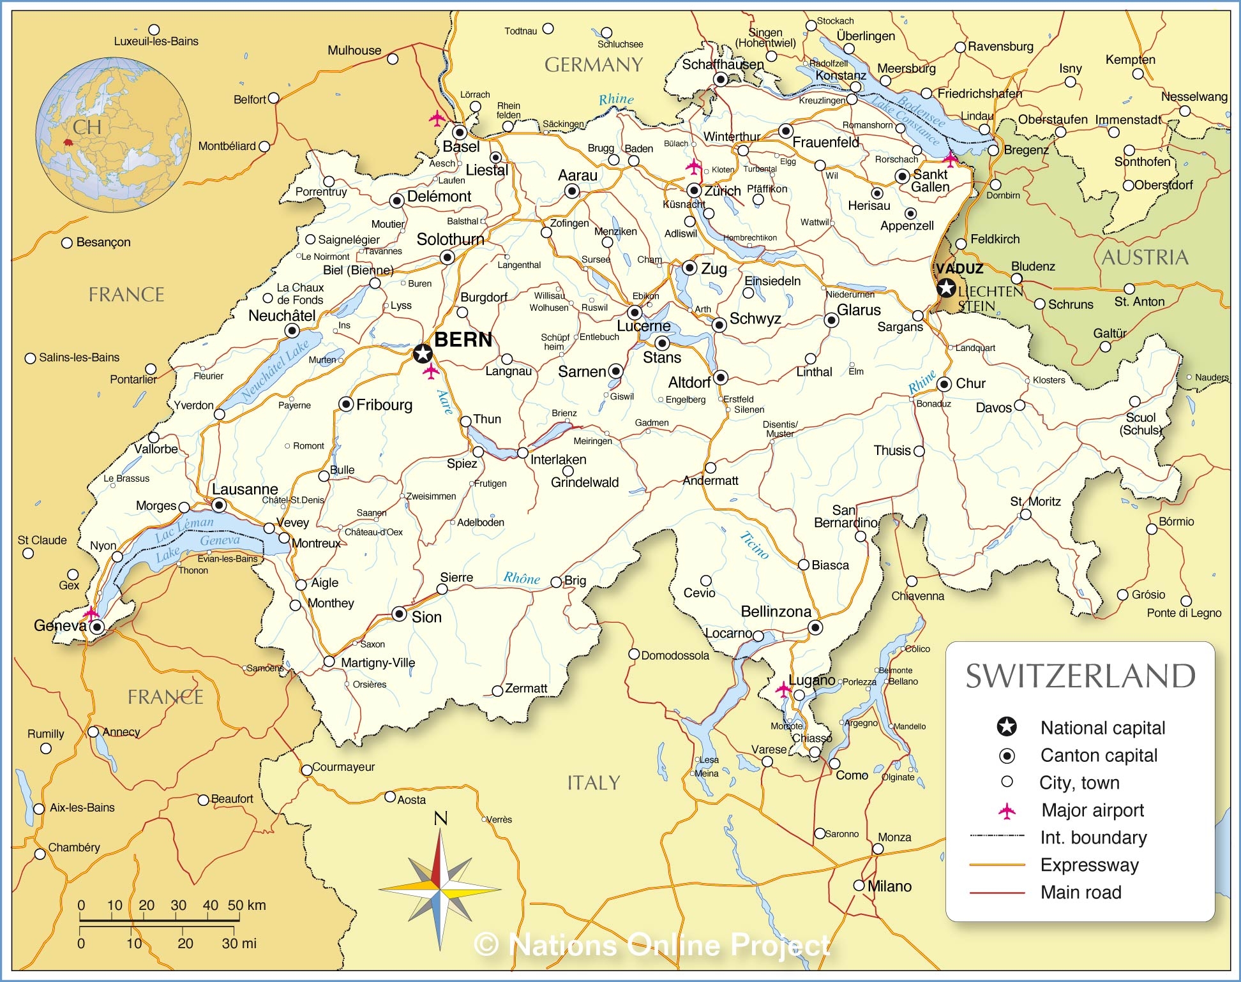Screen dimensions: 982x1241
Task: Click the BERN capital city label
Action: coord(463,339)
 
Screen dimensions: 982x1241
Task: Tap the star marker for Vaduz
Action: coord(946,288)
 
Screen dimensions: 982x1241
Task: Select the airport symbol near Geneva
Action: coord(91,613)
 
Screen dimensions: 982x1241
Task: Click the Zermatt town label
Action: coord(525,688)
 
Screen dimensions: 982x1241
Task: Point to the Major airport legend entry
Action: coord(1092,810)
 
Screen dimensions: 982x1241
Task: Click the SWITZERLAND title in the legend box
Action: coord(1080,676)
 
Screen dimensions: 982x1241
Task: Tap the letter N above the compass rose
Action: coord(440,819)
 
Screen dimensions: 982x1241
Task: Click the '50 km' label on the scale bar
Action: coord(246,905)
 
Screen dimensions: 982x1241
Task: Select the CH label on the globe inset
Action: coord(87,127)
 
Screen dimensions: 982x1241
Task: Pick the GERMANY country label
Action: coord(593,65)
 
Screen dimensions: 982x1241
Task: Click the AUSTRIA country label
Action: coord(1145,258)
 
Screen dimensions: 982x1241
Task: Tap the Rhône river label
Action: coord(522,578)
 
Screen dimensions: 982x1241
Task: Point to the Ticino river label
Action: coord(755,546)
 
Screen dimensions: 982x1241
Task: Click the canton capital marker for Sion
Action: coord(399,614)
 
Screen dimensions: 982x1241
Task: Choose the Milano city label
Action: coord(889,886)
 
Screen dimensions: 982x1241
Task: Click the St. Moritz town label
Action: coord(1035,502)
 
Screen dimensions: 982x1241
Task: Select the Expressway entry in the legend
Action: coord(1089,865)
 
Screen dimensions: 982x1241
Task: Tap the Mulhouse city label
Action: coord(354,50)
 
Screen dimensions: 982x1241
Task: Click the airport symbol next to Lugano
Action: coord(783,689)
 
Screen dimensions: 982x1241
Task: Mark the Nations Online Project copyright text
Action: coord(652,945)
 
